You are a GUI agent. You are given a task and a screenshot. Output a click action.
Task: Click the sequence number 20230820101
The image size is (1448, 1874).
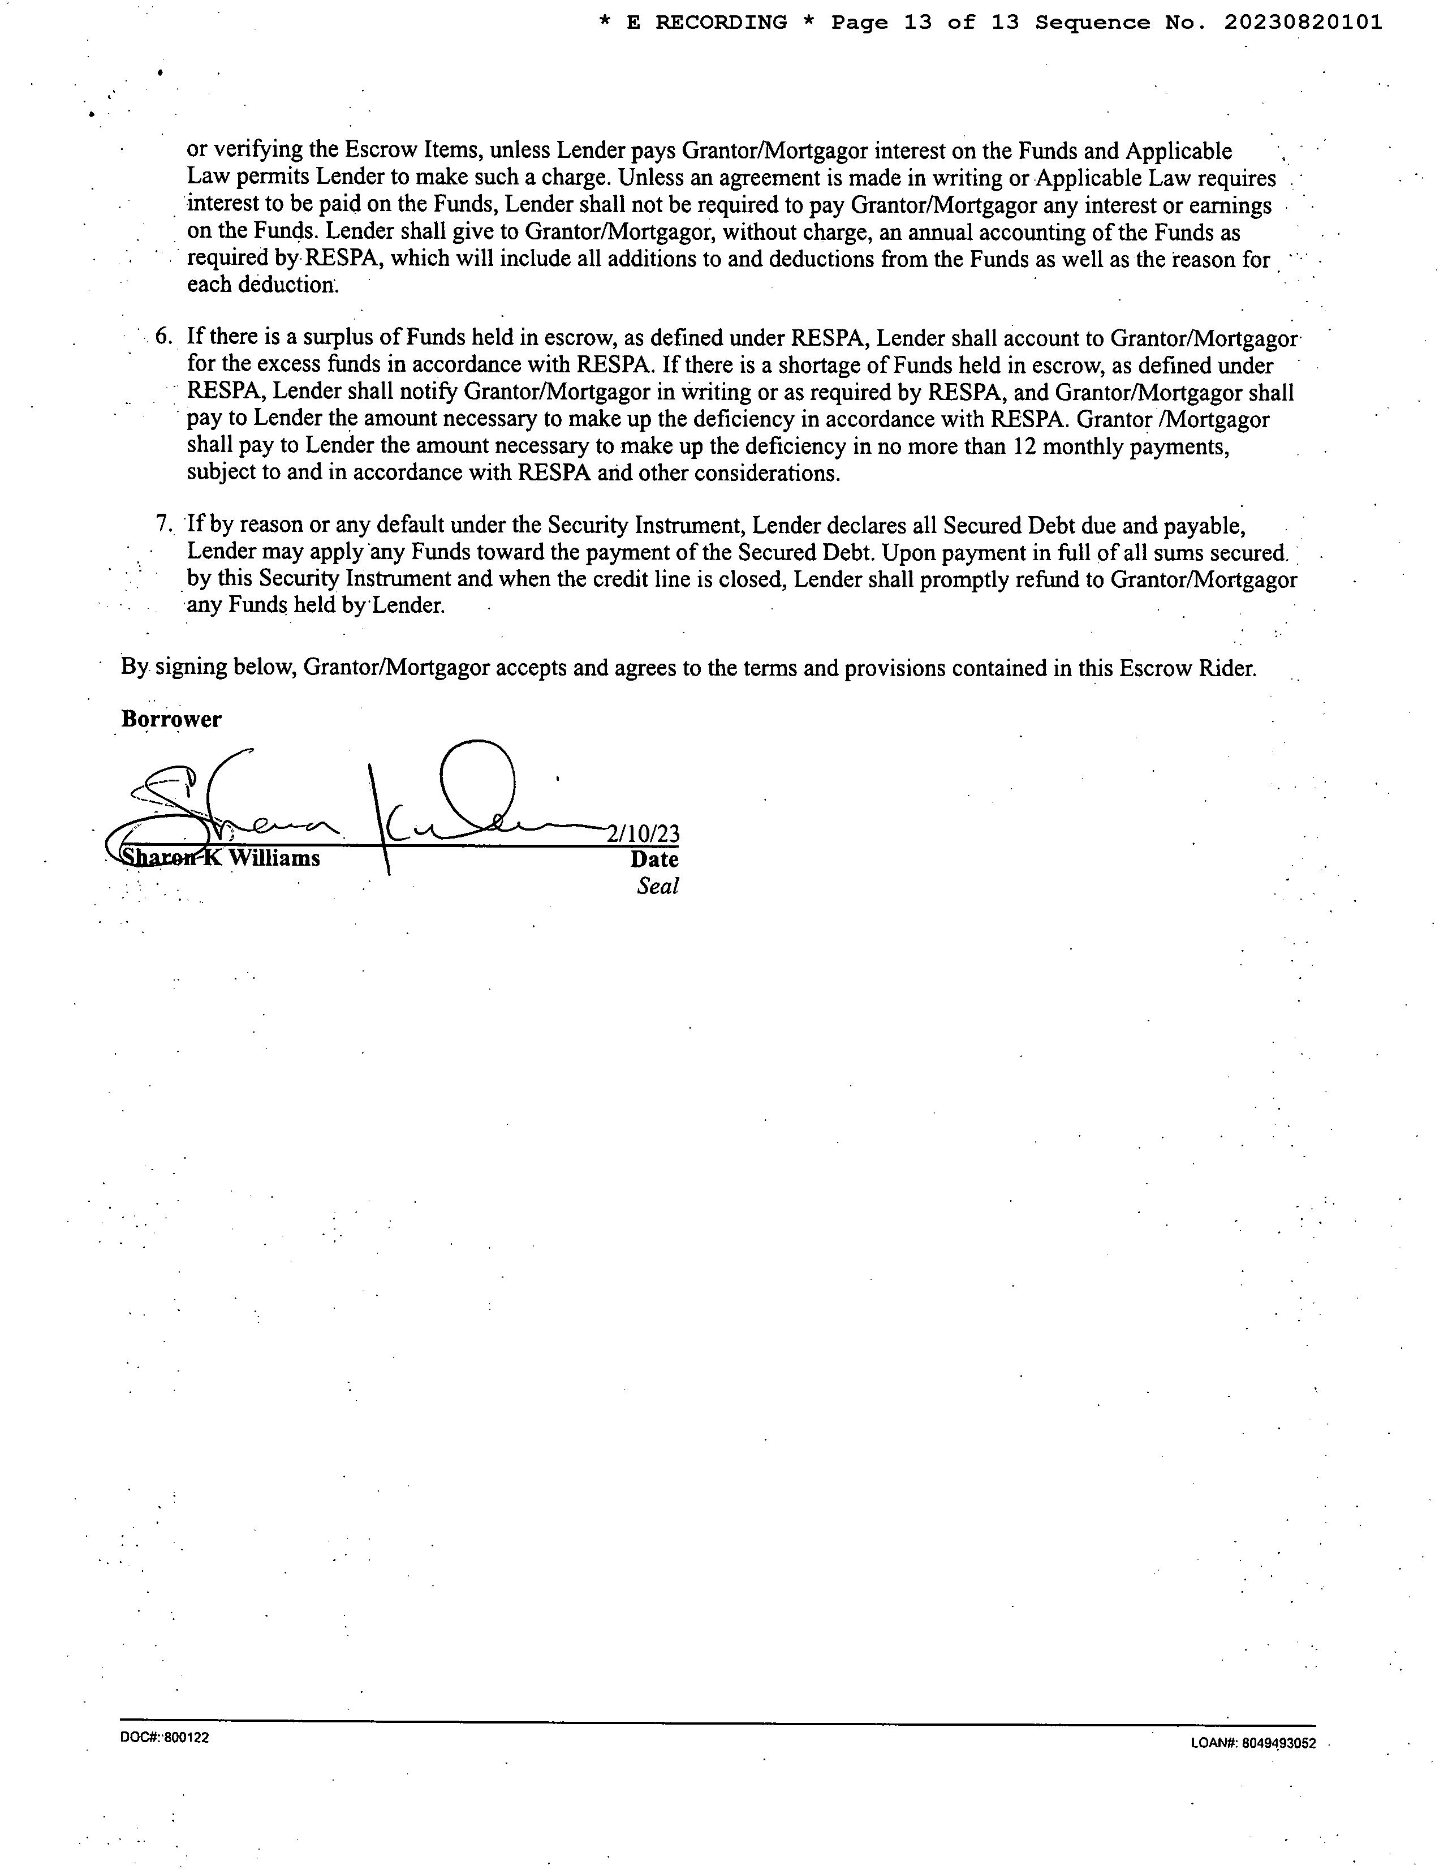pos(1302,23)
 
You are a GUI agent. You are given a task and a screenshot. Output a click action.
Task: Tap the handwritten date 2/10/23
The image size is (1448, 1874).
pos(643,833)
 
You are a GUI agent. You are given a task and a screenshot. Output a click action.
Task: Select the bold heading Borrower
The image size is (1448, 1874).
pos(171,719)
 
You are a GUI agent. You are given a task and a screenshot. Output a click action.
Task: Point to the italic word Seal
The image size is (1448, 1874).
pos(657,887)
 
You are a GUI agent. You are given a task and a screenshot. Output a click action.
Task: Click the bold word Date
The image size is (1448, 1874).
pos(654,859)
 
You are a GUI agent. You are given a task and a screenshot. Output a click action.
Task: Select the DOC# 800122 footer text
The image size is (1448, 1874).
pos(165,1738)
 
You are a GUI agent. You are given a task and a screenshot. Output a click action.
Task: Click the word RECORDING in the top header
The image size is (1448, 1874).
pos(721,23)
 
